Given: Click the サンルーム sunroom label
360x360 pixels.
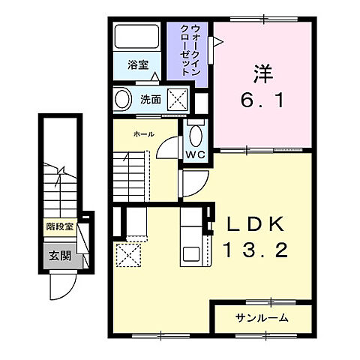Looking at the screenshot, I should tap(262, 318).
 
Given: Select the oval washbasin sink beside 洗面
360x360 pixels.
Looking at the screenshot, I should tap(122, 98).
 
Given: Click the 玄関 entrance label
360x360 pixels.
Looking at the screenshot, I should tap(60, 256).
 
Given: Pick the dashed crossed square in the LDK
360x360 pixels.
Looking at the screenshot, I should tap(128, 255).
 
